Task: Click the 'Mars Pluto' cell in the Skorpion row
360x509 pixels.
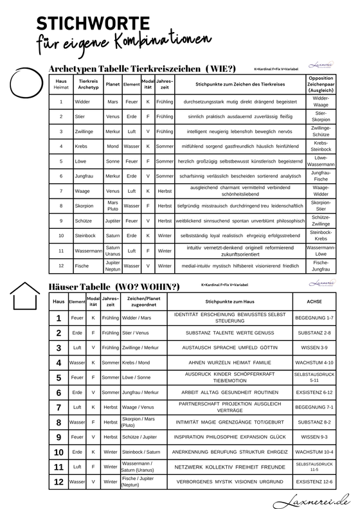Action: [x=113, y=205]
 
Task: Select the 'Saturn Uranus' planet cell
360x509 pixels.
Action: [x=113, y=249]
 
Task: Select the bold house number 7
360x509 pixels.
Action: [x=59, y=407]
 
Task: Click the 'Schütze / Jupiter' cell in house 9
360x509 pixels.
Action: [x=139, y=437]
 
